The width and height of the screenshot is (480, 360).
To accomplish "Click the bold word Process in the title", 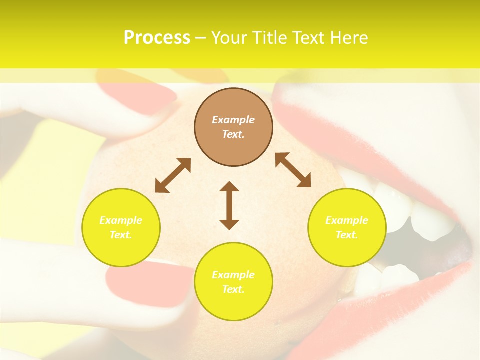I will pyautogui.click(x=157, y=38).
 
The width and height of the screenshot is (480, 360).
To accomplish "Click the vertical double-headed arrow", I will pyautogui.click(x=229, y=205).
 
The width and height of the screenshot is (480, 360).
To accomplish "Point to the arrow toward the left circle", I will pyautogui.click(x=173, y=175).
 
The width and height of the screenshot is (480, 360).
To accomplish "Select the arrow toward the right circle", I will pyautogui.click(x=293, y=170).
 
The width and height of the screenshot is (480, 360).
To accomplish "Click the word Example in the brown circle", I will pyautogui.click(x=233, y=120).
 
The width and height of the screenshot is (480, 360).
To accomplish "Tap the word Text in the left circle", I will pyautogui.click(x=121, y=235).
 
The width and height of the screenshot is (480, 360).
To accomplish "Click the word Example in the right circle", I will pyautogui.click(x=347, y=220).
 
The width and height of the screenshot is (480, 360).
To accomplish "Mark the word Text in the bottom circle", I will pyautogui.click(x=233, y=289).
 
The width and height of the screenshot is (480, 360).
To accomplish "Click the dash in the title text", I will pyautogui.click(x=201, y=38).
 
